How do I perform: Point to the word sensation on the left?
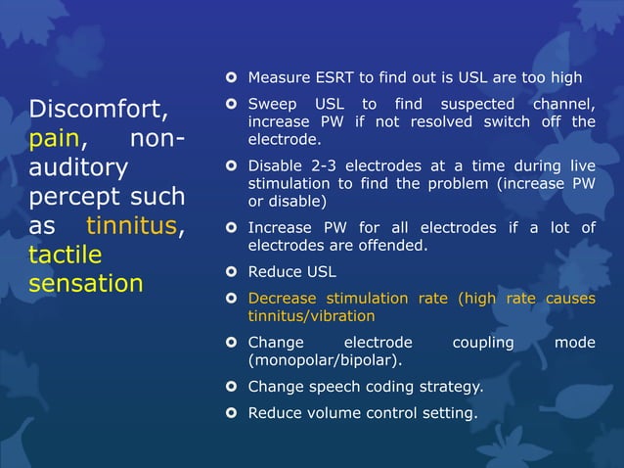coord(86,284)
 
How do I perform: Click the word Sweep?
coord(271,105)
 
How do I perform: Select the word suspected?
coord(480,105)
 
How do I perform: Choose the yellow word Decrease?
coord(284,299)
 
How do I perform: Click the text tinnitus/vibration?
coord(311,316)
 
